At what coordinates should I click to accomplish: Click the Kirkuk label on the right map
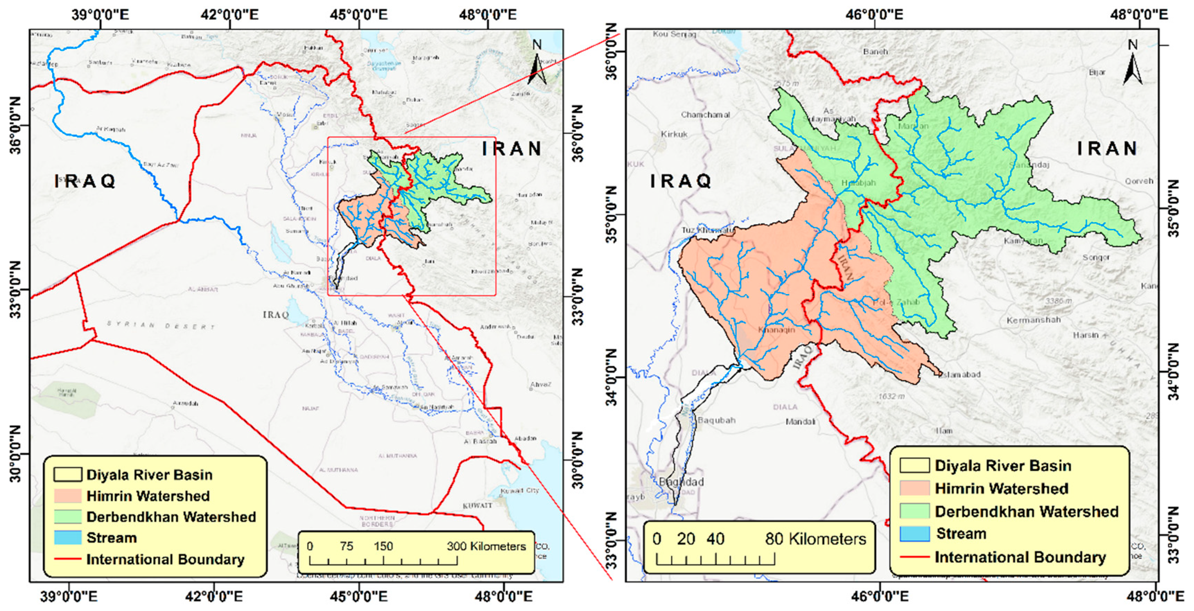click(674, 134)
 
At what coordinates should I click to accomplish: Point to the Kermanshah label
click(1033, 320)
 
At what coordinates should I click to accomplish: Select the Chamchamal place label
click(705, 114)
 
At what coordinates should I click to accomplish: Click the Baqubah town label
click(716, 420)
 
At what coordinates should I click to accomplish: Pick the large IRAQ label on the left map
click(85, 181)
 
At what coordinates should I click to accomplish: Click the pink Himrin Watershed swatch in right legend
click(914, 488)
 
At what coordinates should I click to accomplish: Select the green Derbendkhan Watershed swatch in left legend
click(68, 516)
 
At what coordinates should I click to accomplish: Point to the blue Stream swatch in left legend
click(68, 537)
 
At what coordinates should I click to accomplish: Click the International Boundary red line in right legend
click(914, 557)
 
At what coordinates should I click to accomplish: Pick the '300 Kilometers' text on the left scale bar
click(486, 546)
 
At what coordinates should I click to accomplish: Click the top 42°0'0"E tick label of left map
click(229, 15)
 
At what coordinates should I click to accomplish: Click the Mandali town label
click(800, 422)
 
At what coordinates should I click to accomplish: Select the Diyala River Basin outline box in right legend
click(914, 466)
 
